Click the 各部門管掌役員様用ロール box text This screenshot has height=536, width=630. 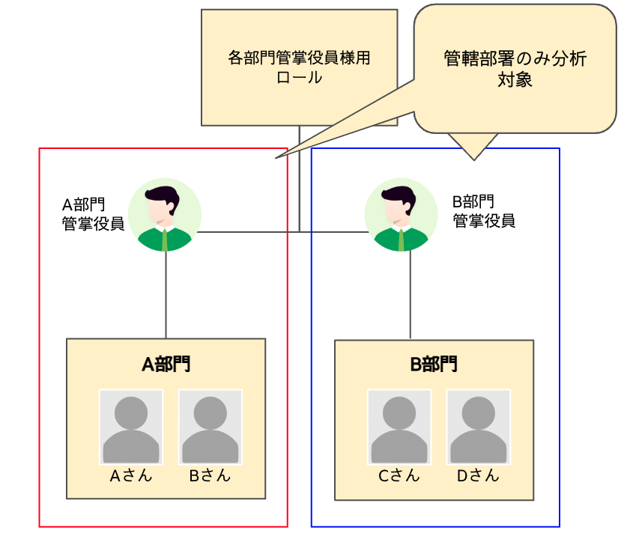point(299,67)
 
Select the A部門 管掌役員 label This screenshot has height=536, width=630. point(93,213)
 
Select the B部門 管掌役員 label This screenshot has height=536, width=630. point(484,211)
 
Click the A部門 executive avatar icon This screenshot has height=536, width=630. point(165,214)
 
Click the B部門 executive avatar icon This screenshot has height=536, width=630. point(402,214)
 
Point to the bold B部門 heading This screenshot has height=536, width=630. point(434,365)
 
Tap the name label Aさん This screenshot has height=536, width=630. point(131,475)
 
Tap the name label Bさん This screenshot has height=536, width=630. point(210,475)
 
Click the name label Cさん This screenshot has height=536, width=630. point(399,475)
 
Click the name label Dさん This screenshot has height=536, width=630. point(478,475)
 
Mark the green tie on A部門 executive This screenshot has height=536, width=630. point(165,238)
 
